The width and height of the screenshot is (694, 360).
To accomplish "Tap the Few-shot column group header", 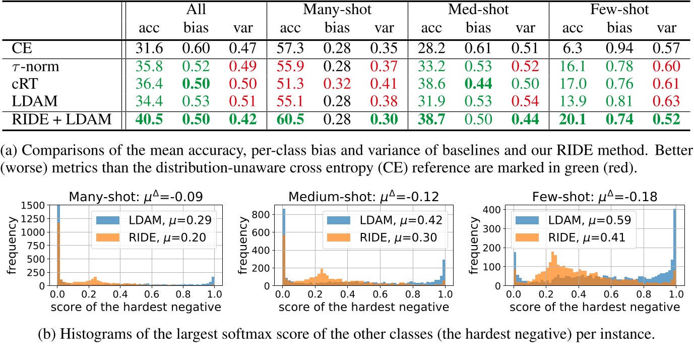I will coord(618,10).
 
